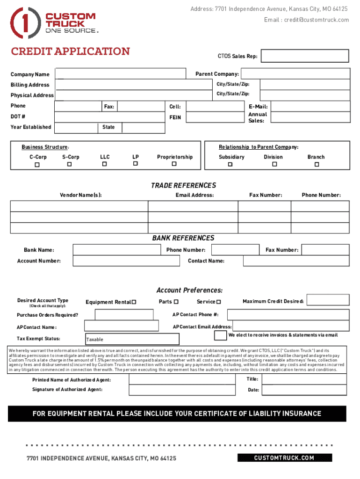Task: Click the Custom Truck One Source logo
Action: (x=54, y=23)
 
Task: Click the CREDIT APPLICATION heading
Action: (x=70, y=51)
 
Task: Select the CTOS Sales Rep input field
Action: (x=304, y=56)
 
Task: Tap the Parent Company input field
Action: (x=295, y=74)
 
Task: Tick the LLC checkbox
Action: (x=105, y=164)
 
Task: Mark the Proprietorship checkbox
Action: (x=174, y=164)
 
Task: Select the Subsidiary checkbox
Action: (x=230, y=165)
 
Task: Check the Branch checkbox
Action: (x=317, y=165)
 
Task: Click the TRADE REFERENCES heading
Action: (x=183, y=186)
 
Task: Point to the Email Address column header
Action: (x=194, y=195)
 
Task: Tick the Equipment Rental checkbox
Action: (x=134, y=302)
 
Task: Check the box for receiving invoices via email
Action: (x=220, y=335)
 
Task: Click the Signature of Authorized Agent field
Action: (x=185, y=390)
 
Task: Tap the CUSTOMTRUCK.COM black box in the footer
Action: (x=284, y=458)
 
